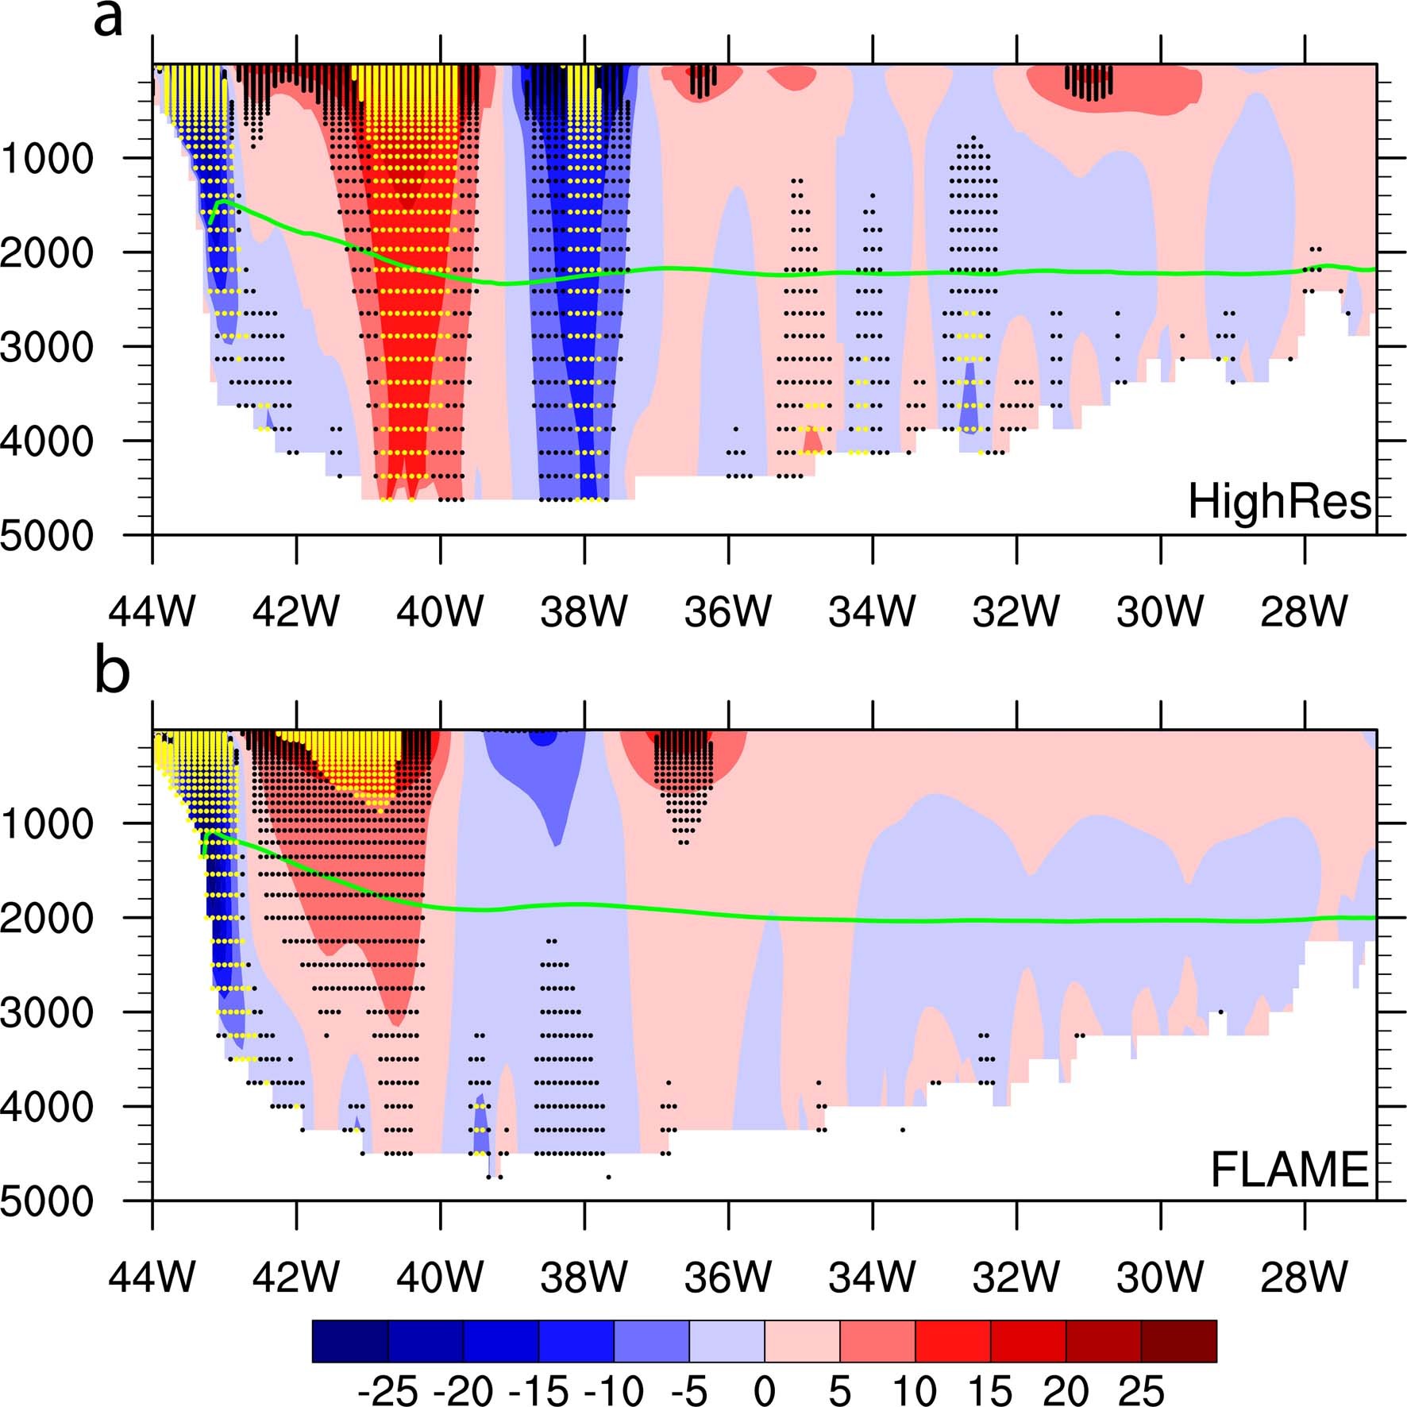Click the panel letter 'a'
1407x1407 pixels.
coord(108,19)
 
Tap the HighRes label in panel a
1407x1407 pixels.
coord(1278,502)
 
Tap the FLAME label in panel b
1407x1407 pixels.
coord(1289,1170)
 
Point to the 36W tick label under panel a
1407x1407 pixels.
coord(727,612)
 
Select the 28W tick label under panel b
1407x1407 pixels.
coord(1304,1278)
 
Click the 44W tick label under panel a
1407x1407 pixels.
coord(152,612)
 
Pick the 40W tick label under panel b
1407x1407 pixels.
coord(439,1278)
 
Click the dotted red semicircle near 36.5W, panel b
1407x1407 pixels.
coord(683,758)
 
